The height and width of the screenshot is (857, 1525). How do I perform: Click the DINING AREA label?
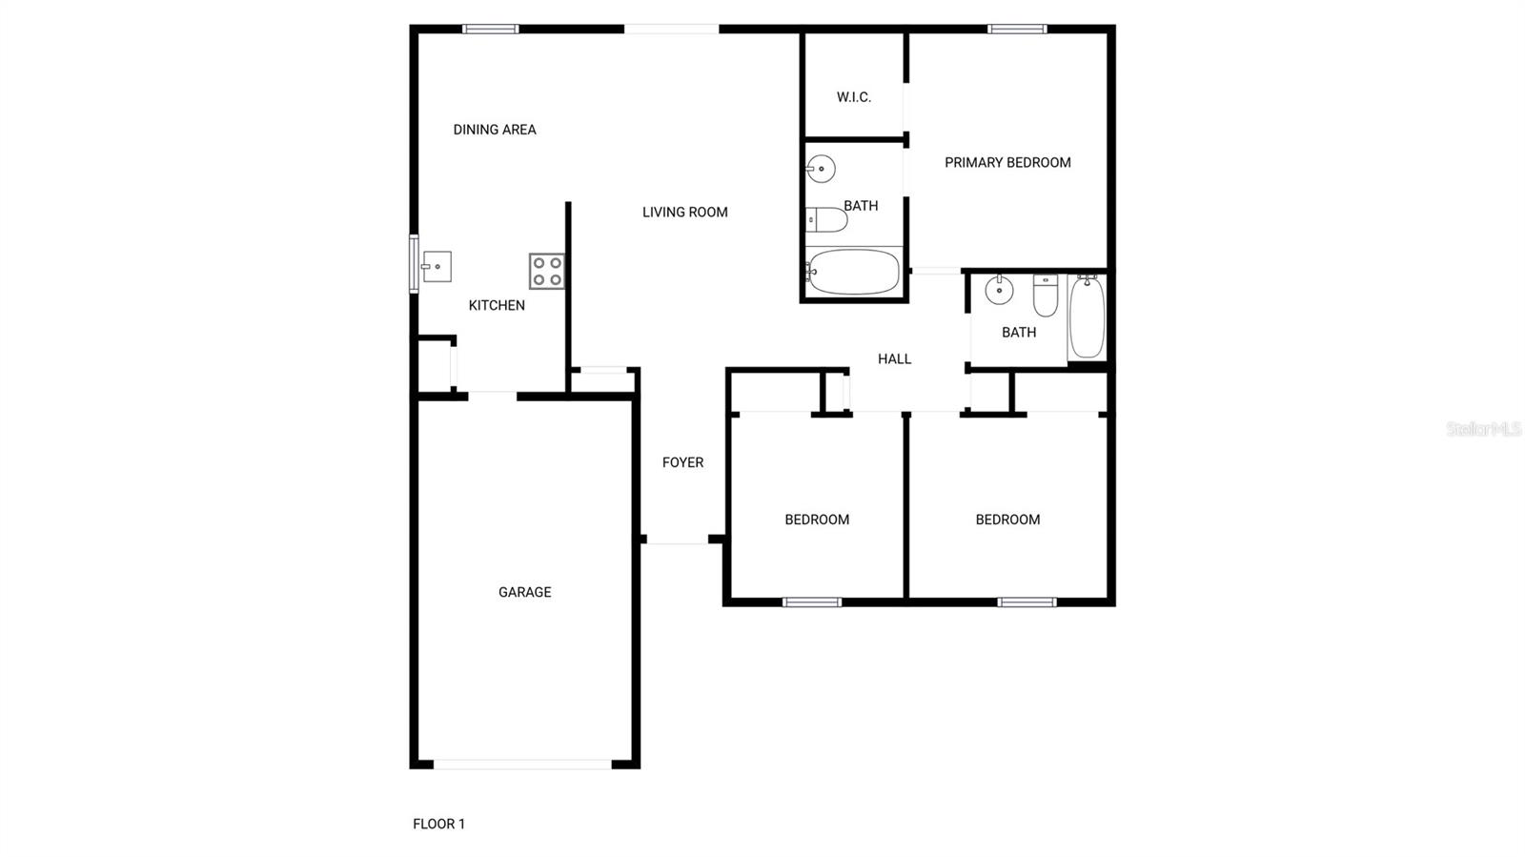[x=494, y=130]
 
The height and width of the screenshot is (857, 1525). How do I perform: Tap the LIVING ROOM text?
[x=684, y=213]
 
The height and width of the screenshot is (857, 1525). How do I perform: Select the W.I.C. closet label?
[x=853, y=97]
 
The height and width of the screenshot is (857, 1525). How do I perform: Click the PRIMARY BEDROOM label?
[x=1007, y=163]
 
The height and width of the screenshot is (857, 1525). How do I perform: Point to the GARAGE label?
[x=524, y=592]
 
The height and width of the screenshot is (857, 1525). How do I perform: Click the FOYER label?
[x=682, y=462]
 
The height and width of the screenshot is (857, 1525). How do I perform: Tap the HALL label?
[x=894, y=359]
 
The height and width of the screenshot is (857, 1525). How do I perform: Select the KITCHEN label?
[x=497, y=306]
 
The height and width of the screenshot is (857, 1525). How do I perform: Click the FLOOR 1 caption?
[x=438, y=824]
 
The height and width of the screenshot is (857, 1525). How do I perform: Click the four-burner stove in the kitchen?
[x=547, y=271]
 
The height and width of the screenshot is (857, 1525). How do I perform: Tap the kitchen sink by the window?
[x=437, y=267]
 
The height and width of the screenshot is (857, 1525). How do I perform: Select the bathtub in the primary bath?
[x=853, y=272]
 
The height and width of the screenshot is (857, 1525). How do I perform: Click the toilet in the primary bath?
[x=826, y=220]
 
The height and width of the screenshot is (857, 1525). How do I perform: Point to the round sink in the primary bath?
[x=821, y=170]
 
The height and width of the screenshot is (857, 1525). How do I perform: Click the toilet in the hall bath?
[x=1046, y=296]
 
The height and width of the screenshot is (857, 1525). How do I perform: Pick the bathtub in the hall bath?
[x=1087, y=316]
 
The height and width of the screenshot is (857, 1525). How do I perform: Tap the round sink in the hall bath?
[x=999, y=290]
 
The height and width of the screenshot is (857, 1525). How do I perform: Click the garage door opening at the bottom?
[x=522, y=765]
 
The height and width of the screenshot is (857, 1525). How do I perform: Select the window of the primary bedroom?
[x=1017, y=30]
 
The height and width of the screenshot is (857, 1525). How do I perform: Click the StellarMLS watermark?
[x=1483, y=430]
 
